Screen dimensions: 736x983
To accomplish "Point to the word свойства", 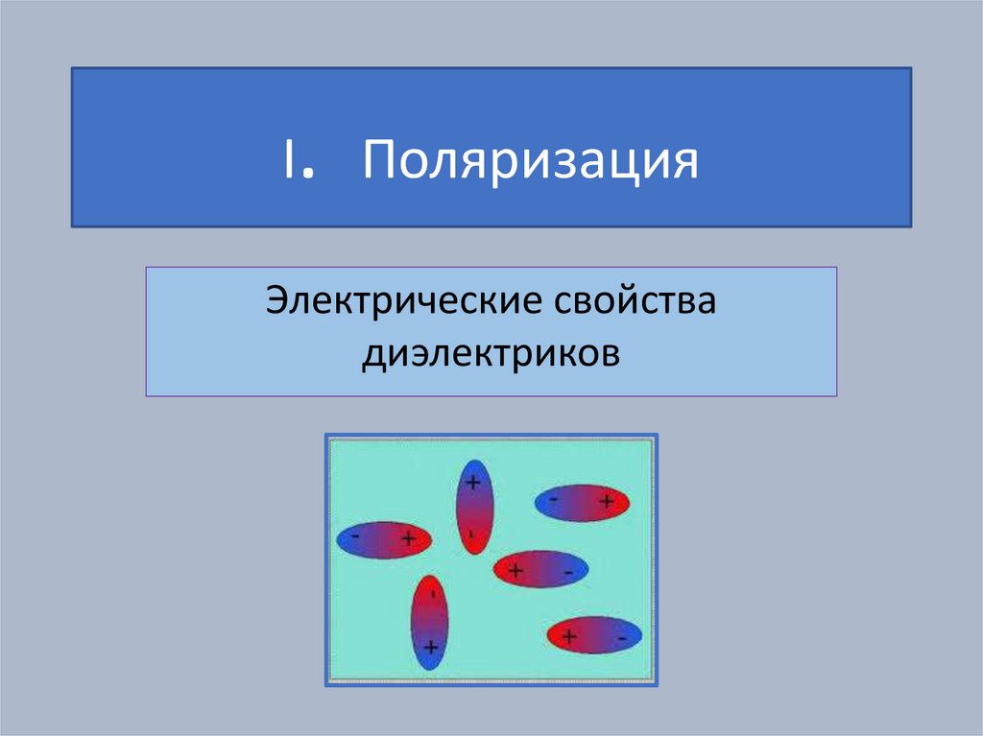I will pos(634,303).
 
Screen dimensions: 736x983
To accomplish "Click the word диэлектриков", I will pos(491,355).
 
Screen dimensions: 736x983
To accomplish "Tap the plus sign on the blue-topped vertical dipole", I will pos(472,483).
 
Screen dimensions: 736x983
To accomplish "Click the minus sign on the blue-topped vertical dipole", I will pos(472,534).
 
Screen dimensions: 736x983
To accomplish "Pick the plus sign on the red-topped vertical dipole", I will pos(430,648).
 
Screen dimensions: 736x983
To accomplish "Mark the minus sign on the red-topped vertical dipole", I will pos(431,595).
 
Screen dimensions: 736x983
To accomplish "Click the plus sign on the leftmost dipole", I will pos(408,539).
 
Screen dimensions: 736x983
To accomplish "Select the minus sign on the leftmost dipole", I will pos(356,536).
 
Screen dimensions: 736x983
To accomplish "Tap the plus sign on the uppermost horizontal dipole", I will pos(607,500).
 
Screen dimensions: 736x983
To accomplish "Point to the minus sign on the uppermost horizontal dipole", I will pos(554,498).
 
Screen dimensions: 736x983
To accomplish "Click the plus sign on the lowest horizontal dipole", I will pos(569,635).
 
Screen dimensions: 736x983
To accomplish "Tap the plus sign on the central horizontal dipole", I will pos(515,571).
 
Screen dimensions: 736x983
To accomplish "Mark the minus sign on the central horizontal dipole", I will pos(568,572).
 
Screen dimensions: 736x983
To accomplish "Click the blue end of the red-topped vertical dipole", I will pos(429,653).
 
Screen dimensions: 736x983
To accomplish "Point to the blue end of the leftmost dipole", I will pos(350,539).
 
